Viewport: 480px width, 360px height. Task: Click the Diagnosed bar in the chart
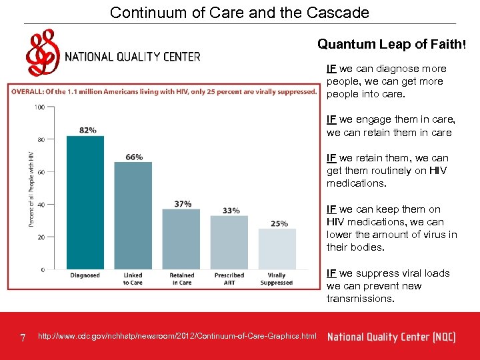point(85,203)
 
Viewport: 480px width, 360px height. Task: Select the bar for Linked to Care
point(133,216)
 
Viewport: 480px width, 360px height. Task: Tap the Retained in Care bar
point(181,239)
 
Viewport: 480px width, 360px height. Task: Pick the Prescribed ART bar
point(229,243)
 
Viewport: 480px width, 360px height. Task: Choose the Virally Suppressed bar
point(277,249)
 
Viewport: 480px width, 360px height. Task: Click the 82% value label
point(87,130)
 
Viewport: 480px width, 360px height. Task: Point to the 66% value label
point(134,157)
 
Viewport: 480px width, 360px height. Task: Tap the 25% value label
point(279,223)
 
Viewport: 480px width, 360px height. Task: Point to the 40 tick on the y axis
point(41,205)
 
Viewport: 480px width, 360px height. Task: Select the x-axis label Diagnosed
point(85,275)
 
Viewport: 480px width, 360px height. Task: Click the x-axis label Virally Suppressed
point(277,279)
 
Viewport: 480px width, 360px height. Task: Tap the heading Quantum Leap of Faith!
point(391,45)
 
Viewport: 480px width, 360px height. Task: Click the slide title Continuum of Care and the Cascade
point(239,12)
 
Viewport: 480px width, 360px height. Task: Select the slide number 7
point(23,338)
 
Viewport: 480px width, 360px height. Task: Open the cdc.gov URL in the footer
point(178,336)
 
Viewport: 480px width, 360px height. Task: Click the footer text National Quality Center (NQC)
point(391,337)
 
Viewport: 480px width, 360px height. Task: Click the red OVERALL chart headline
point(164,91)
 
